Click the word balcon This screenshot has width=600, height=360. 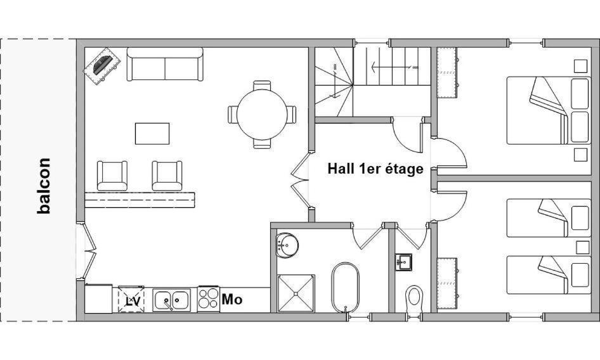[44, 186]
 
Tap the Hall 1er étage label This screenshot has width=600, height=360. [375, 169]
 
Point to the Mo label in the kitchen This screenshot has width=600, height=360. [232, 299]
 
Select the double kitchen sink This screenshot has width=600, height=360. [171, 300]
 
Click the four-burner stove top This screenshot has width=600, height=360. [209, 299]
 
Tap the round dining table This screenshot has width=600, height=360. [262, 114]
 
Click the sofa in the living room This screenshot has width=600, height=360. [165, 64]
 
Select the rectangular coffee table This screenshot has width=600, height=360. [152, 134]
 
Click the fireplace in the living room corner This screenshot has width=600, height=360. [102, 65]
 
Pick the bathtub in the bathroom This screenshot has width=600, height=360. [346, 287]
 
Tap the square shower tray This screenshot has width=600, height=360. [296, 293]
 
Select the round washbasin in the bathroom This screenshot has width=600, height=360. [287, 245]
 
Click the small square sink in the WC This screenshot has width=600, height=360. [403, 262]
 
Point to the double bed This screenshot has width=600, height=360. [549, 110]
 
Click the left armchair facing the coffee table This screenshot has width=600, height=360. [112, 176]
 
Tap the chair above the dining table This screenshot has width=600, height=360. [262, 86]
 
